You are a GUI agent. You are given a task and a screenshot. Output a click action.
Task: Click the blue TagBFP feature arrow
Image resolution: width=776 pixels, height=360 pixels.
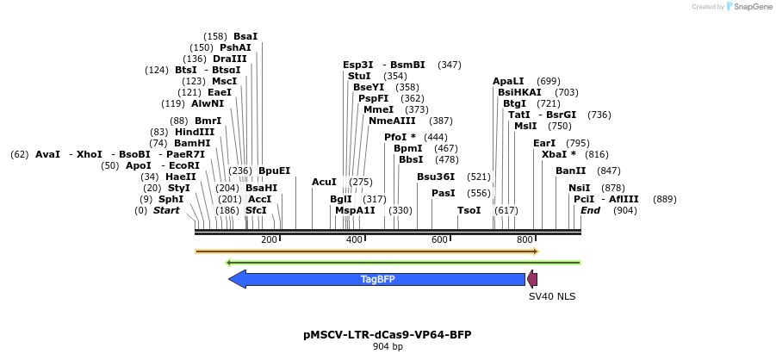(x=377, y=279)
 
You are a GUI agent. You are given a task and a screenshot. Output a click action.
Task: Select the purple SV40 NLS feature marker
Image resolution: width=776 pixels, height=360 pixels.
(x=532, y=279)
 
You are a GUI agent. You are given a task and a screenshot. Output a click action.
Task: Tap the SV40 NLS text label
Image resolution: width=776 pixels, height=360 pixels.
(x=551, y=296)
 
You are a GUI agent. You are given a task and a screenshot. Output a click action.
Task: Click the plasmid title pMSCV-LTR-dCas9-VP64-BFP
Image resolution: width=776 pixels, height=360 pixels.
(x=388, y=334)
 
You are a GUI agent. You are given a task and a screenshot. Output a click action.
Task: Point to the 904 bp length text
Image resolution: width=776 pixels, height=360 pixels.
(x=388, y=346)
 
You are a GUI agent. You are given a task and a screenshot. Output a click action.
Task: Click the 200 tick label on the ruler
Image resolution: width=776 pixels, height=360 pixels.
(x=269, y=239)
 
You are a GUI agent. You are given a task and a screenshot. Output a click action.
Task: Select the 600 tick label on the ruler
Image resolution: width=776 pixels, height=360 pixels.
(x=439, y=239)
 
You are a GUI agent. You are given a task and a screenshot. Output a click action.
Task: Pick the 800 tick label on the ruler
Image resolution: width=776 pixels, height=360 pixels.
(x=525, y=239)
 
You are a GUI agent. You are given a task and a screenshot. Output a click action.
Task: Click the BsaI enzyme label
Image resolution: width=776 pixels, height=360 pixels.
(x=245, y=36)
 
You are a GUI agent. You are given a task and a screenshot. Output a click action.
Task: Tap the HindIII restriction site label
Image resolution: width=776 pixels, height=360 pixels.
(x=195, y=132)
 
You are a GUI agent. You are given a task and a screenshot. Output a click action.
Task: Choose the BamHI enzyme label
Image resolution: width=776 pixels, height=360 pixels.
(x=192, y=143)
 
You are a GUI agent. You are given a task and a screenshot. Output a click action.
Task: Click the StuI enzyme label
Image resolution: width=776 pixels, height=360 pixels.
(x=359, y=76)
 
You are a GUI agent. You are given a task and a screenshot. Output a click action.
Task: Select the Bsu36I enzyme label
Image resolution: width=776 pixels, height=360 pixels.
(x=436, y=177)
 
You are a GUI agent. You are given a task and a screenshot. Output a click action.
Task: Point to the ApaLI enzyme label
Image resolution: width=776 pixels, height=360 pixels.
(x=508, y=81)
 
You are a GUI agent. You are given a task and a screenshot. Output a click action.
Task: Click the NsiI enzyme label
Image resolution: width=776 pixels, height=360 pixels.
(x=580, y=188)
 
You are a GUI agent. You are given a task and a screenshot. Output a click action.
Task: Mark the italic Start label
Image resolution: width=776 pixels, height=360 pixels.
(x=166, y=210)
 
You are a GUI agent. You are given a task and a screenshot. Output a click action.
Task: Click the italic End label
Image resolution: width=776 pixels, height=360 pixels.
(x=590, y=210)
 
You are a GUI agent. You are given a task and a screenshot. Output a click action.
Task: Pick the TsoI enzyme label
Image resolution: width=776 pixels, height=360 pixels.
(x=469, y=210)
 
